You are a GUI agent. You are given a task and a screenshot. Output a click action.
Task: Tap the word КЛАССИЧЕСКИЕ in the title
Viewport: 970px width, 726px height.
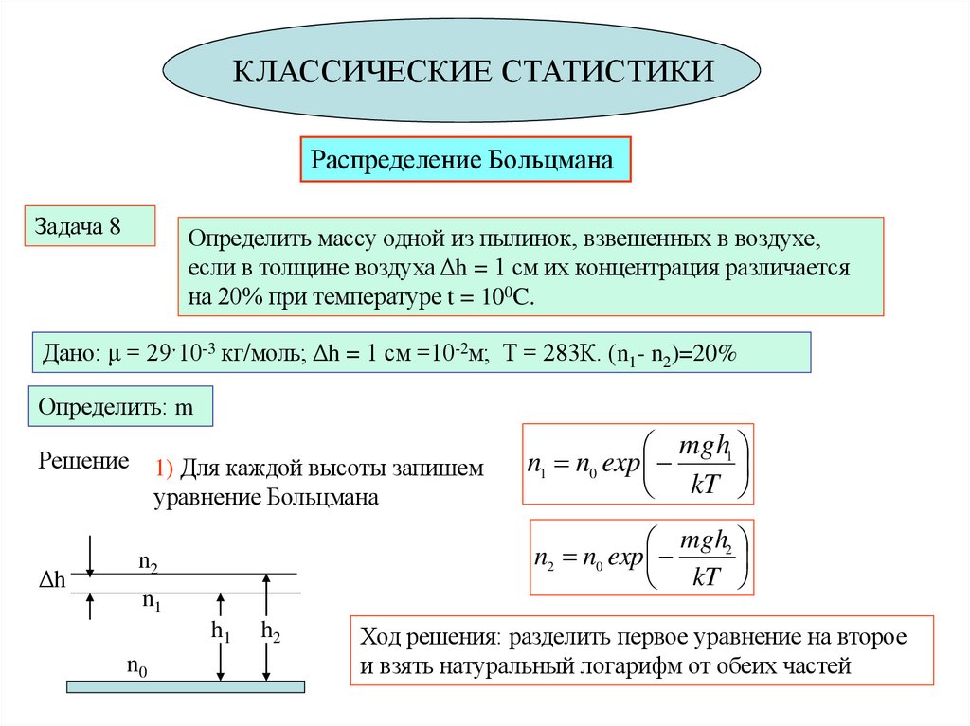(356, 73)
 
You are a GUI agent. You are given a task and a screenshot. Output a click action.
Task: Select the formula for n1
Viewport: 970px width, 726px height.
(638, 462)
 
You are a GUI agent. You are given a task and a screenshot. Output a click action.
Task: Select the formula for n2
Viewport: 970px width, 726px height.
(640, 558)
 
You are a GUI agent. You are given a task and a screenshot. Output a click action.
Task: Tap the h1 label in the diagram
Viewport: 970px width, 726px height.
(222, 632)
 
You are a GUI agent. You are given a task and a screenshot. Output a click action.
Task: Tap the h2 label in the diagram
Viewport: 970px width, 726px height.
(271, 632)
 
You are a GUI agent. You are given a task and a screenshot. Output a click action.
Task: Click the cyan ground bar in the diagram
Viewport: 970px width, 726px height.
(186, 686)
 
